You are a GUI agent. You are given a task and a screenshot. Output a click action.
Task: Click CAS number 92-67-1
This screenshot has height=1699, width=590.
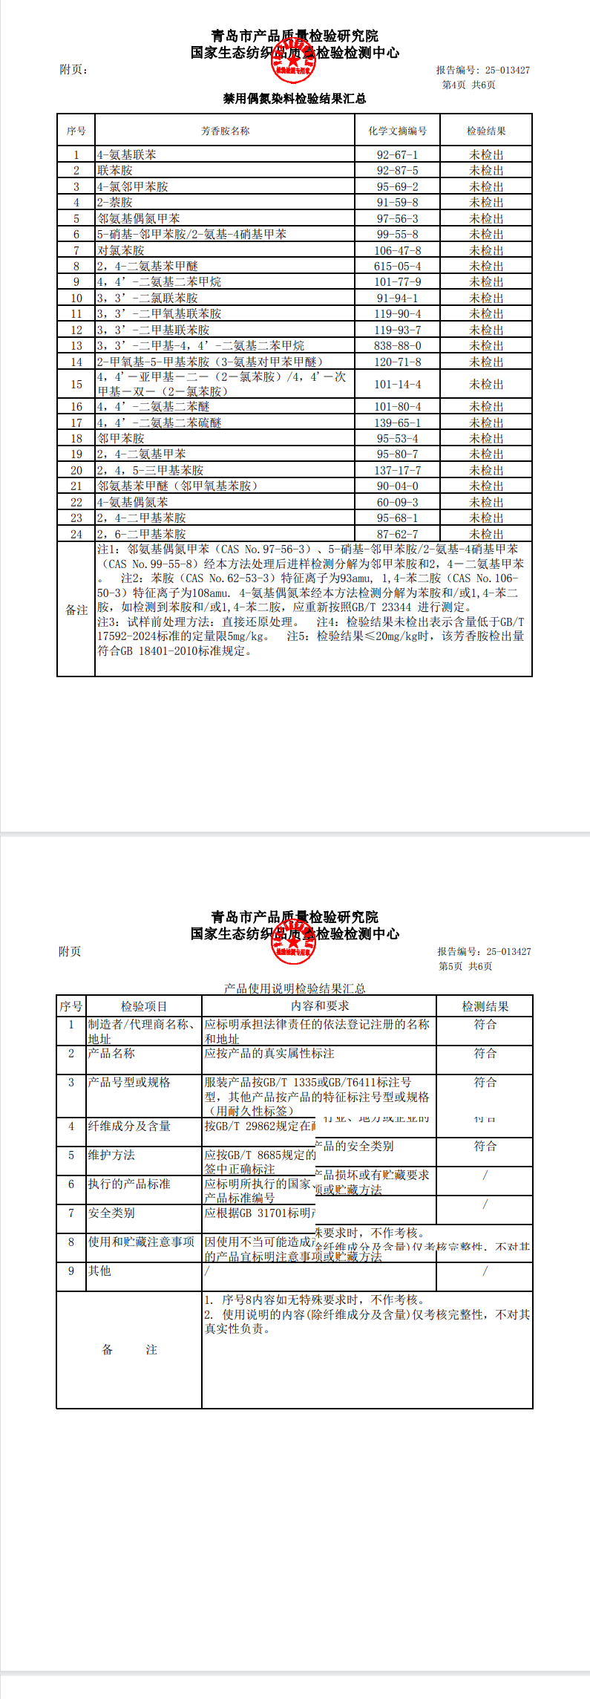tap(397, 155)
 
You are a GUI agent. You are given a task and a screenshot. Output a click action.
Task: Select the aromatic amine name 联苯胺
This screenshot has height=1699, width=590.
tap(115, 171)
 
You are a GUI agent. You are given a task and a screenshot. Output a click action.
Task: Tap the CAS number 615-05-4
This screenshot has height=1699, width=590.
tap(397, 267)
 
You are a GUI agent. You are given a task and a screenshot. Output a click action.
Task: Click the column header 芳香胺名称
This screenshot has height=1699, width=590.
tap(225, 131)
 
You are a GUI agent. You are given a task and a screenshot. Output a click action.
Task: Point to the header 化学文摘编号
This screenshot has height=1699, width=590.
tap(397, 131)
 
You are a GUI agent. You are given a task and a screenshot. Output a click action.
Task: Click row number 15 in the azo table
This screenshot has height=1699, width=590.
tap(76, 385)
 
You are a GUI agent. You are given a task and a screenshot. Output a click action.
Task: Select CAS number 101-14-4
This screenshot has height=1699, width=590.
tap(397, 385)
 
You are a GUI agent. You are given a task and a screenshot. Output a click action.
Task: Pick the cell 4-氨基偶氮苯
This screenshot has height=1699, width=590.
tap(133, 503)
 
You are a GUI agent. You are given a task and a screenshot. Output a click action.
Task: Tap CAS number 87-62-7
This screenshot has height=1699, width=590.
tap(397, 535)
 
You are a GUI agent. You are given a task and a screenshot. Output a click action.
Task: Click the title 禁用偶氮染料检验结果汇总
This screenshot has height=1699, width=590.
tap(295, 99)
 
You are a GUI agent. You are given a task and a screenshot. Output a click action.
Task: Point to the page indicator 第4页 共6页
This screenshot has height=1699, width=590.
tap(468, 85)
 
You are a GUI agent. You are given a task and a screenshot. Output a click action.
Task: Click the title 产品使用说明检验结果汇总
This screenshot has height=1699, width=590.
tap(295, 988)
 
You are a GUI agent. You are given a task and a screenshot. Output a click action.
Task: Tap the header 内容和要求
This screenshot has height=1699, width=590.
tap(320, 1006)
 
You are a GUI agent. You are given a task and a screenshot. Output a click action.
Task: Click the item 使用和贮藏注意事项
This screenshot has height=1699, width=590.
tap(141, 1242)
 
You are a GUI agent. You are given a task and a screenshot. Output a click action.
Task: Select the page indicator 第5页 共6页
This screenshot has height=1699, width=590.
tap(465, 967)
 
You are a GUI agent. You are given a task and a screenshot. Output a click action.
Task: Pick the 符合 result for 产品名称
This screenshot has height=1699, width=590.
tap(485, 1054)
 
